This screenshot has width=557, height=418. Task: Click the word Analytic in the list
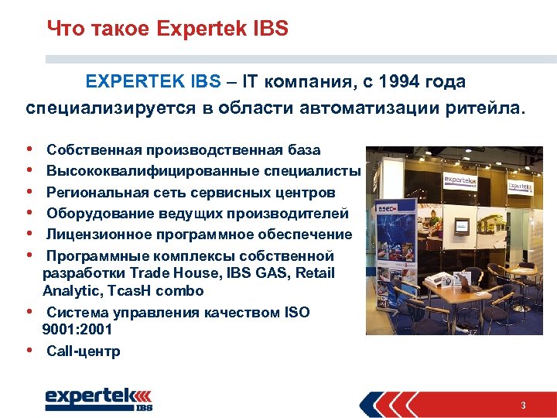point(70,291)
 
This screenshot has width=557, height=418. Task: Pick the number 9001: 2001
point(77,329)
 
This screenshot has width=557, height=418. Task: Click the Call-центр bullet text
point(84,351)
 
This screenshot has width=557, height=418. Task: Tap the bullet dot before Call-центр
point(29,350)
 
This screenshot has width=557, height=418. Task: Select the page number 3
point(524,405)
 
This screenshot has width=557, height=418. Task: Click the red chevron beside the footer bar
point(380,404)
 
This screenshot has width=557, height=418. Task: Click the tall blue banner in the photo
point(387,248)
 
